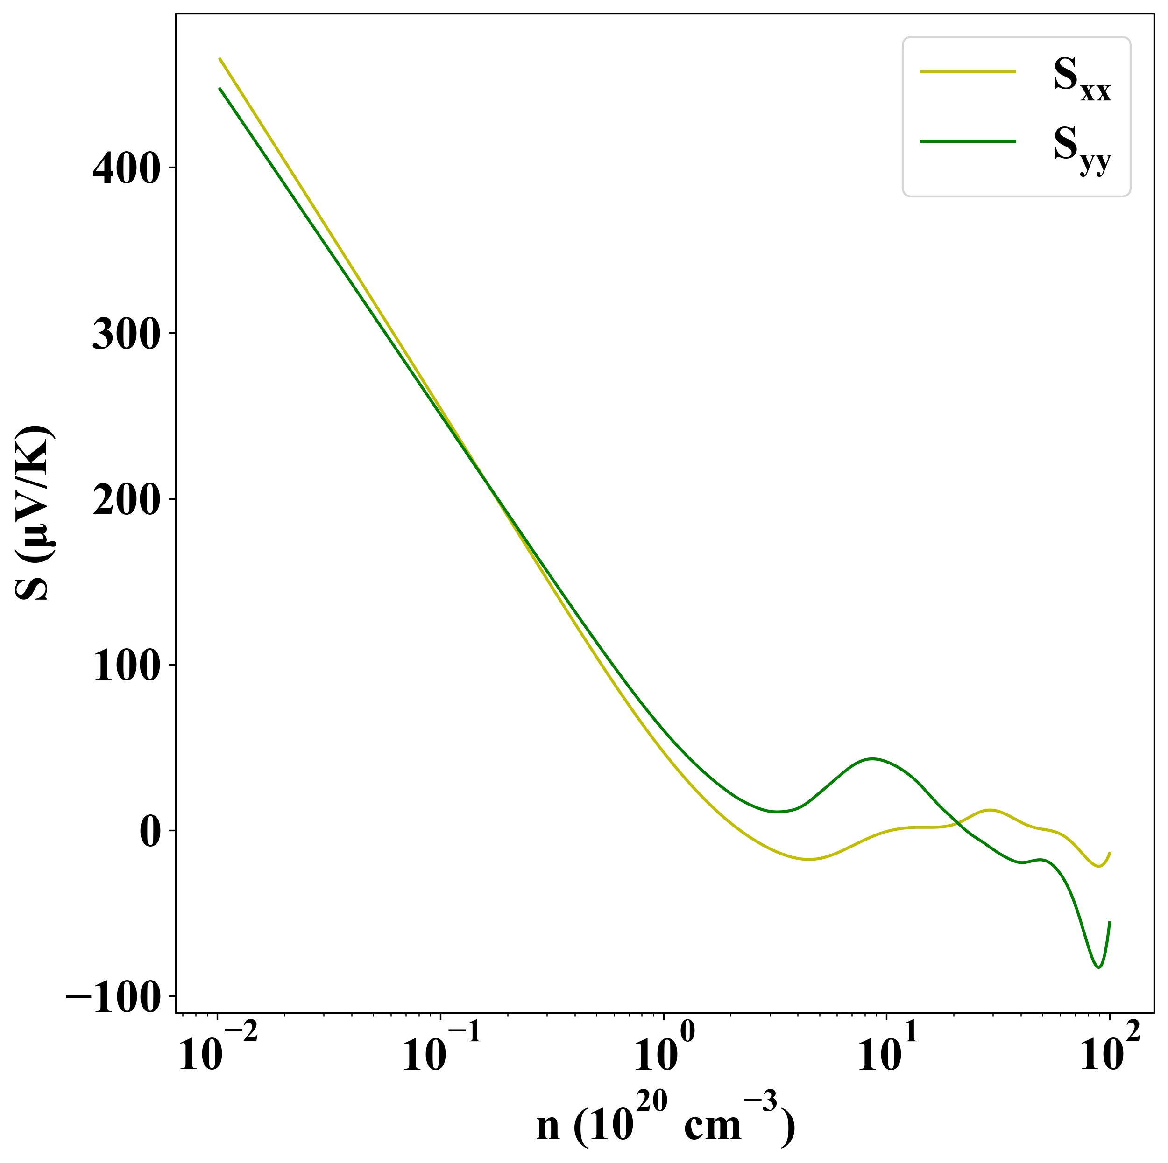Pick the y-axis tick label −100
coord(115,997)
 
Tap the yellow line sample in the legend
coord(967,71)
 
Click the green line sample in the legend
coord(967,141)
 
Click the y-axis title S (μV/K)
coord(35,513)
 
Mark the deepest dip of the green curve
coord(1098,967)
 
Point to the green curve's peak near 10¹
coord(872,758)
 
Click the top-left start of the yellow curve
coord(219,59)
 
